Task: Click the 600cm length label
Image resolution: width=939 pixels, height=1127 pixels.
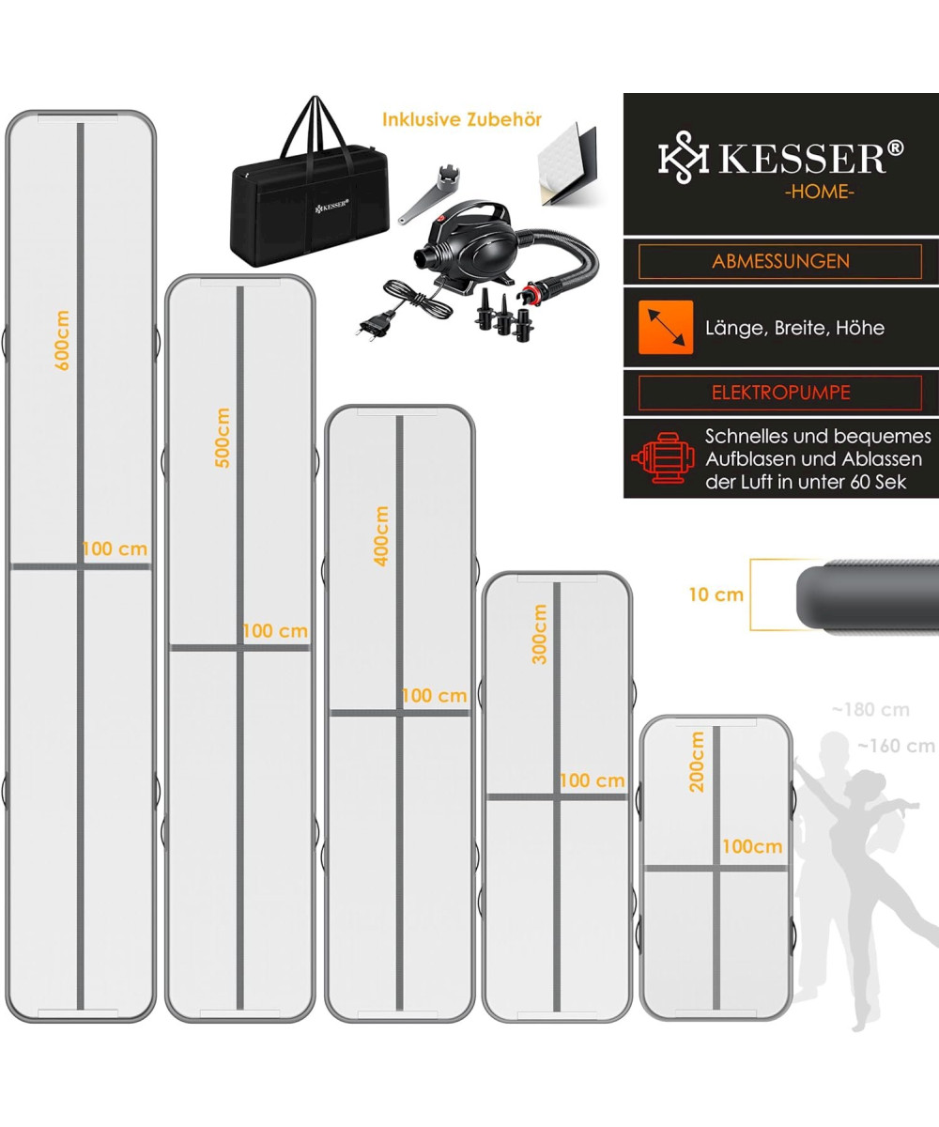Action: click(62, 340)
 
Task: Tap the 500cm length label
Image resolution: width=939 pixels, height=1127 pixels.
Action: click(222, 438)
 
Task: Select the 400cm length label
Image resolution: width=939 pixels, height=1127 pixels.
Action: click(381, 536)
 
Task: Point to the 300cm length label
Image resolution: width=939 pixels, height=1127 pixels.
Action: click(539, 634)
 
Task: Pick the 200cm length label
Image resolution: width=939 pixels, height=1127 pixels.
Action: click(697, 762)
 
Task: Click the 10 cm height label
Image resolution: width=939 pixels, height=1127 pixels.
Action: click(716, 594)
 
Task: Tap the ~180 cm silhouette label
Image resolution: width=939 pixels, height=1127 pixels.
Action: click(870, 709)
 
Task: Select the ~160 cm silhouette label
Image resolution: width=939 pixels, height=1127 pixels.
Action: click(897, 746)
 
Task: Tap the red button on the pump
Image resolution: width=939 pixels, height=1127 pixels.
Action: click(440, 219)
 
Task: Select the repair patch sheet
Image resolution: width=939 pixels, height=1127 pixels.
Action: click(566, 163)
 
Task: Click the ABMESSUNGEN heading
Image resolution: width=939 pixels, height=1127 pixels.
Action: click(780, 261)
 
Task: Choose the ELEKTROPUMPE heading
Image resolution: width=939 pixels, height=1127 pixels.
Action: click(780, 393)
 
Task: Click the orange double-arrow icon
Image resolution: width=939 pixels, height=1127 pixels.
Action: click(666, 328)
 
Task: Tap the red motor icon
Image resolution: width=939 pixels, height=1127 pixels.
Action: click(663, 457)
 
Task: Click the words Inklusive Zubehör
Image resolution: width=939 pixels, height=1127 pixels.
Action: click(462, 119)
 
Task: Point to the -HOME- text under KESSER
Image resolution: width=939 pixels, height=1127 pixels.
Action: click(819, 192)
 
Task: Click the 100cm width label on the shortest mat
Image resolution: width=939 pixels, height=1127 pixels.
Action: click(752, 846)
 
